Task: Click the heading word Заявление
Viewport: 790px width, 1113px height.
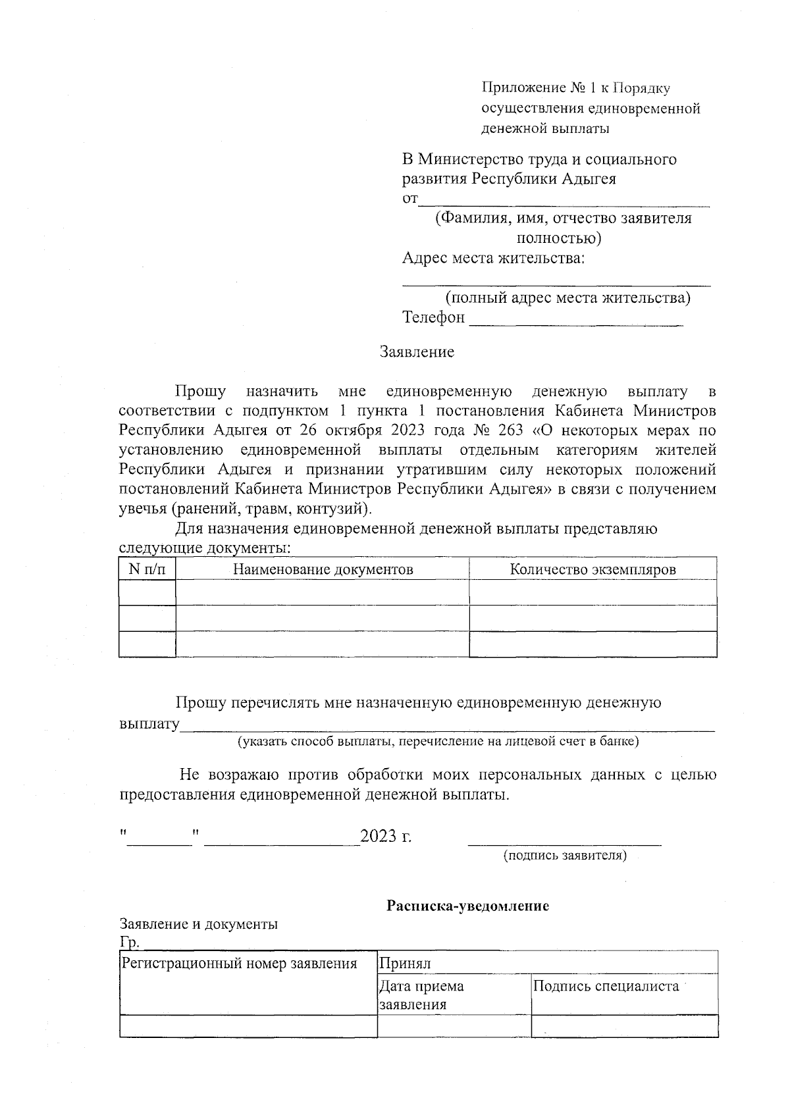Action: [417, 352]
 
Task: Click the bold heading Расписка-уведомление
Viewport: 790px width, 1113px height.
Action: [467, 906]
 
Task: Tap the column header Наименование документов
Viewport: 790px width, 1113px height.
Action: [323, 569]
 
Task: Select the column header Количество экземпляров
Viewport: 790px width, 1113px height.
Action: [592, 569]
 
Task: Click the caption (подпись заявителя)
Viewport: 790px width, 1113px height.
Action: [564, 855]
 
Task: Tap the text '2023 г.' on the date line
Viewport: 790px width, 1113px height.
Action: [386, 837]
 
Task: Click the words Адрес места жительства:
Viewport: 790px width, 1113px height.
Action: [493, 258]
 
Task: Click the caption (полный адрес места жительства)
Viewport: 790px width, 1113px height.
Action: [567, 298]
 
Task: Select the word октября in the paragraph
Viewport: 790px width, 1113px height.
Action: [359, 431]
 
